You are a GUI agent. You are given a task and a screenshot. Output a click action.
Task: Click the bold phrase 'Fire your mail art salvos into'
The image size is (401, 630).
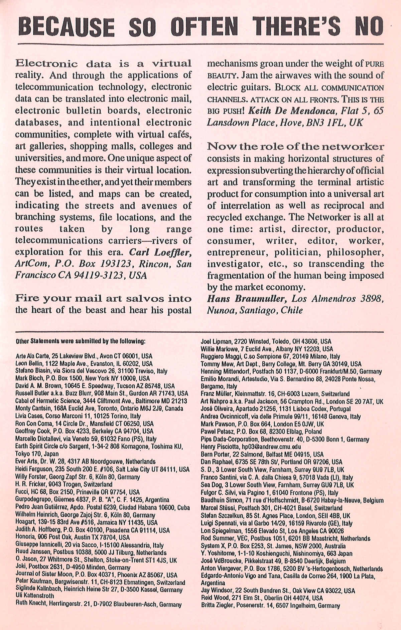[103, 298]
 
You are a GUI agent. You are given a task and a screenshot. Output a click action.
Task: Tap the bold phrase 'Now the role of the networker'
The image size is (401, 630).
[295, 146]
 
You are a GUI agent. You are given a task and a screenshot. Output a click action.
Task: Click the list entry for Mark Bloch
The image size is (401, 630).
[78, 379]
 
